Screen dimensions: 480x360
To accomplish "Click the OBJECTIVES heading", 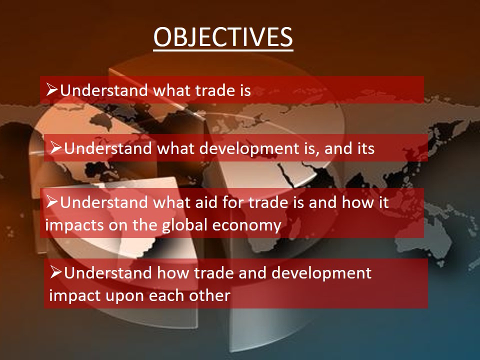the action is [x=223, y=37].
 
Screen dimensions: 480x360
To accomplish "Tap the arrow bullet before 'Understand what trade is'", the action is [x=52, y=89].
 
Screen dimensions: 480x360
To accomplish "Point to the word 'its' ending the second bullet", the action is [x=366, y=148].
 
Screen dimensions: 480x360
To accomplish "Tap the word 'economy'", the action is [x=246, y=226].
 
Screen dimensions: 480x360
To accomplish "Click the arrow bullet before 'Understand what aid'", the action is [x=52, y=201].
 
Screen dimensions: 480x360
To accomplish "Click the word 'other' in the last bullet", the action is [x=209, y=295].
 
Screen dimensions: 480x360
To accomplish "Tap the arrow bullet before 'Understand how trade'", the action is [x=56, y=272].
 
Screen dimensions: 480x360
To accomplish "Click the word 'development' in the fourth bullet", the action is [x=321, y=273].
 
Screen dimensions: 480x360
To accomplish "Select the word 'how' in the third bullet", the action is [x=354, y=202].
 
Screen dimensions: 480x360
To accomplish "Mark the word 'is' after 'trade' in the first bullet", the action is [x=243, y=90].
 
